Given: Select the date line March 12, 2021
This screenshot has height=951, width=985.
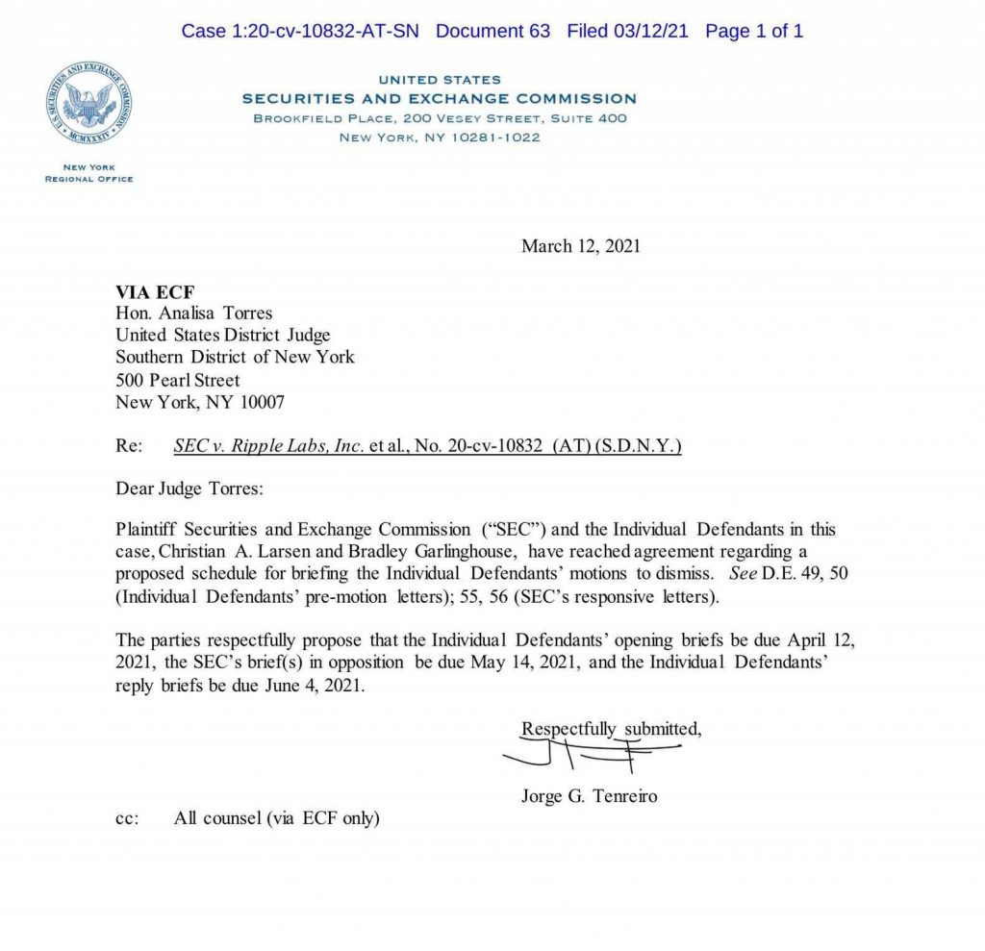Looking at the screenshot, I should pyautogui.click(x=580, y=246).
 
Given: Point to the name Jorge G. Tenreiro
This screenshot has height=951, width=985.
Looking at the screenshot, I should pyautogui.click(x=589, y=796).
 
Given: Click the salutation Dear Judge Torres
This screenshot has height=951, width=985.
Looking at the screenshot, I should pyautogui.click(x=189, y=488).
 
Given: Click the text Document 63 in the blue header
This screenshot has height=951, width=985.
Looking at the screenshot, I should pyautogui.click(x=492, y=31).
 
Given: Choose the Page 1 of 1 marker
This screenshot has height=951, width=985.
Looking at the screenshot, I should pyautogui.click(x=754, y=31).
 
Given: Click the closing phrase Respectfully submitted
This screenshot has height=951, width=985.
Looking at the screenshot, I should pyautogui.click(x=611, y=729).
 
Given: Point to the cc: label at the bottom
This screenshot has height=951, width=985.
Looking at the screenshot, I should pyautogui.click(x=127, y=819).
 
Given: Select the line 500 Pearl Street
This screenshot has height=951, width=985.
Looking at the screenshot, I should pyautogui.click(x=177, y=380).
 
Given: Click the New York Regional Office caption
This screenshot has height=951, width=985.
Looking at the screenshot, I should pyautogui.click(x=88, y=173).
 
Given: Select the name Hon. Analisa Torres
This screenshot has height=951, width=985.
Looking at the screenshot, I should pyautogui.click(x=193, y=313).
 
